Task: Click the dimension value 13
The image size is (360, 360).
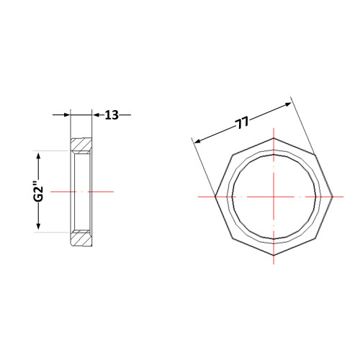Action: point(112,115)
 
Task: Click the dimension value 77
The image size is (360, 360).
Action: point(242,123)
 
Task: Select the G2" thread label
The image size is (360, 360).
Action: point(38,192)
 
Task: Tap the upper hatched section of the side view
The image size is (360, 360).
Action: point(81,145)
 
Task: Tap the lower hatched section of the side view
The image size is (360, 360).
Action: point(81,238)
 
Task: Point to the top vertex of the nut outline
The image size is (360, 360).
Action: point(274,138)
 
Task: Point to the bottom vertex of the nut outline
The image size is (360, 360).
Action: point(274,256)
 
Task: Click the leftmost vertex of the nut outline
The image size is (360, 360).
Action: point(215,197)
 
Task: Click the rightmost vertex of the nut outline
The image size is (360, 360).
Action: point(333,197)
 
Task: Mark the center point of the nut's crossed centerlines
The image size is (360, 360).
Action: point(274,197)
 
